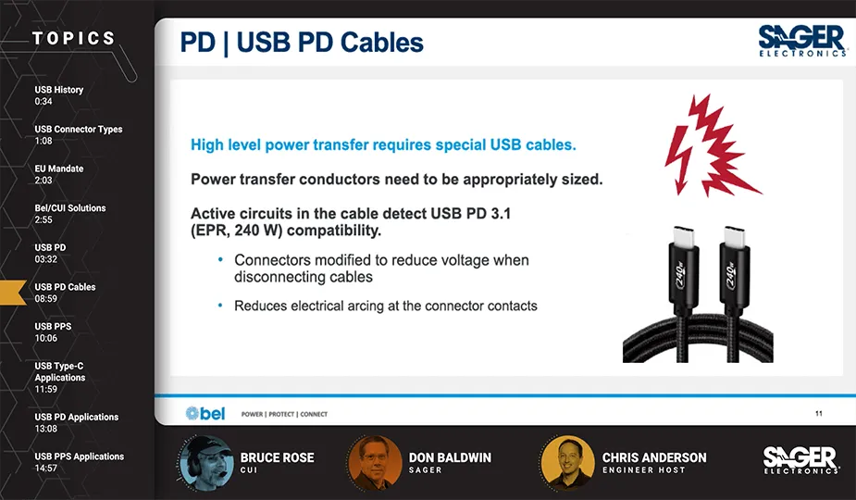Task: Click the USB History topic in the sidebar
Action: click(59, 90)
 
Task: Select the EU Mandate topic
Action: click(59, 169)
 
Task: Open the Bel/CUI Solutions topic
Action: click(70, 208)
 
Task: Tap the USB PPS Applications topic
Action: click(80, 456)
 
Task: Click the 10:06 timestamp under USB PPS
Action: click(46, 338)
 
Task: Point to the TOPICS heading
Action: click(74, 39)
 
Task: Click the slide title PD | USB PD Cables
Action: click(301, 43)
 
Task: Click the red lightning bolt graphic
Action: click(711, 145)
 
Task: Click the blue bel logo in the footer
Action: click(205, 413)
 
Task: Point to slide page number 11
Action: click(819, 413)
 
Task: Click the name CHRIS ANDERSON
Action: click(654, 457)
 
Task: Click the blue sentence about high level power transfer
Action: click(383, 145)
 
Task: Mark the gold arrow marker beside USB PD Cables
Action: click(13, 292)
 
